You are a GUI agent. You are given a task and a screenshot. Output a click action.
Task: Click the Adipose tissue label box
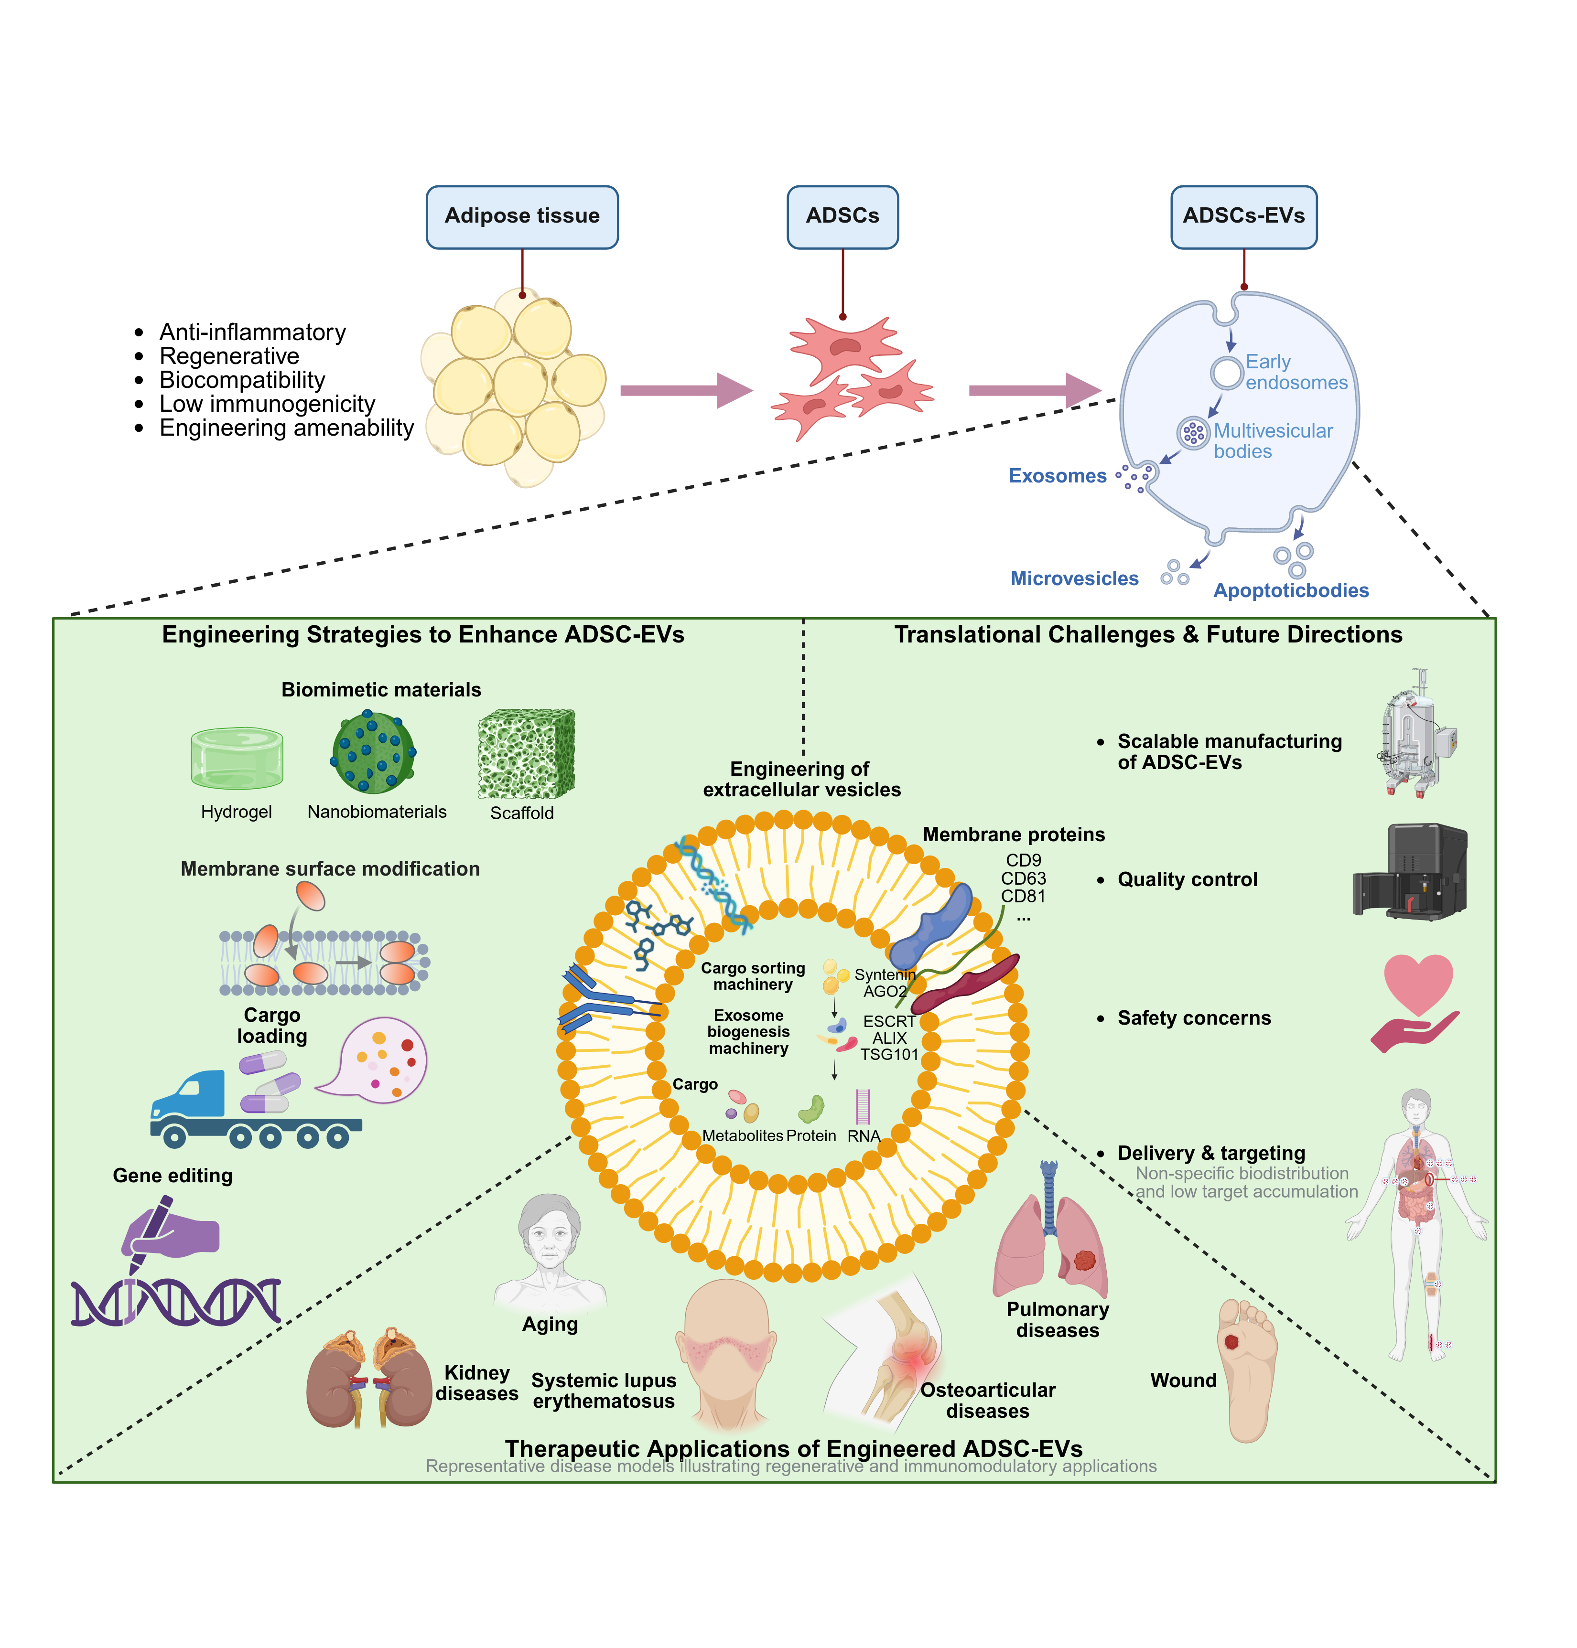pyautogui.click(x=522, y=217)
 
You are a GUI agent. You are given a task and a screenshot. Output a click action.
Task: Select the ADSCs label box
pyautogui.click(x=843, y=217)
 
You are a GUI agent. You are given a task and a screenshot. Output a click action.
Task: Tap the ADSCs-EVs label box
pyautogui.click(x=1243, y=217)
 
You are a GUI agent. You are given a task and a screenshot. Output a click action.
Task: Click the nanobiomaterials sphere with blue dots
pyautogui.click(x=373, y=752)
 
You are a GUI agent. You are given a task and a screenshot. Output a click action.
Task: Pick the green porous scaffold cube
pyautogui.click(x=526, y=754)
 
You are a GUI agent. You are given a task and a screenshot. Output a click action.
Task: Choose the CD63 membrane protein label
pyautogui.click(x=1023, y=878)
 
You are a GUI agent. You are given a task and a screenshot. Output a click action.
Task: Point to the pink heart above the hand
pyautogui.click(x=1418, y=983)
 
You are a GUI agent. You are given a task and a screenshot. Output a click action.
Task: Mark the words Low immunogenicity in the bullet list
pyautogui.click(x=267, y=404)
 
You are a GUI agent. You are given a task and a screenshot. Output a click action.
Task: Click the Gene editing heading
pyautogui.click(x=173, y=1176)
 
